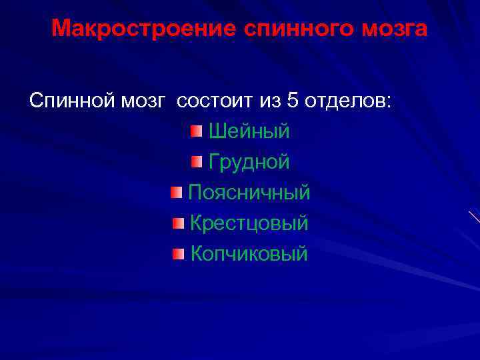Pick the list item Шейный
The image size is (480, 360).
pyautogui.click(x=249, y=131)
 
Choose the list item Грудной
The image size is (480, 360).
pyautogui.click(x=249, y=162)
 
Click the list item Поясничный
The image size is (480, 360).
pyautogui.click(x=249, y=193)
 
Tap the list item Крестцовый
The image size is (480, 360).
pyautogui.click(x=249, y=223)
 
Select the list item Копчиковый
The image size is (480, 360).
pyautogui.click(x=249, y=254)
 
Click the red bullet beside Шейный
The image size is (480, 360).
pyautogui.click(x=195, y=131)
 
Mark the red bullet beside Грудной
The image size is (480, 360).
pyautogui.click(x=195, y=161)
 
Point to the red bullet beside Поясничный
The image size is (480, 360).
pyautogui.click(x=175, y=193)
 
